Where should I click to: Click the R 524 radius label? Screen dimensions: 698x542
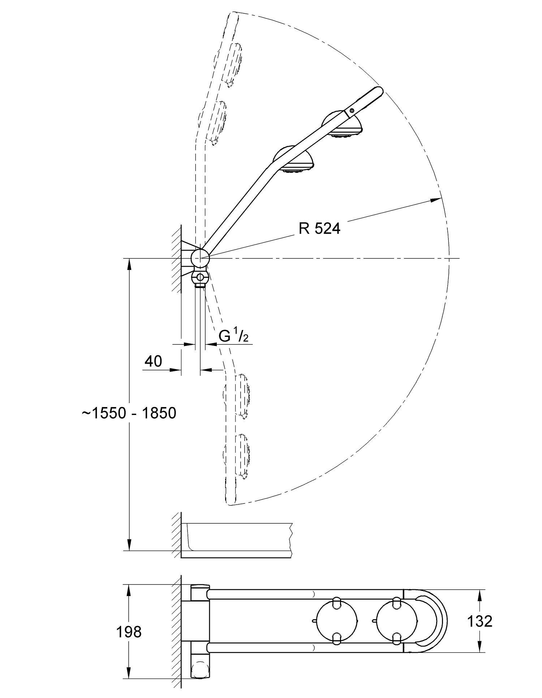pyautogui.click(x=319, y=228)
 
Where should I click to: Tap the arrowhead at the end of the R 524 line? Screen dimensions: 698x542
pyautogui.click(x=438, y=199)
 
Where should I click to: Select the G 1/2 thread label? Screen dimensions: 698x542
pyautogui.click(x=233, y=336)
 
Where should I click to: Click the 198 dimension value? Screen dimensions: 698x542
pyautogui.click(x=129, y=632)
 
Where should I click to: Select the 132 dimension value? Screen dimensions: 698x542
pyautogui.click(x=479, y=621)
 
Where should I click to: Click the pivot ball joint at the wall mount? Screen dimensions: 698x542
pyautogui.click(x=199, y=258)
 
